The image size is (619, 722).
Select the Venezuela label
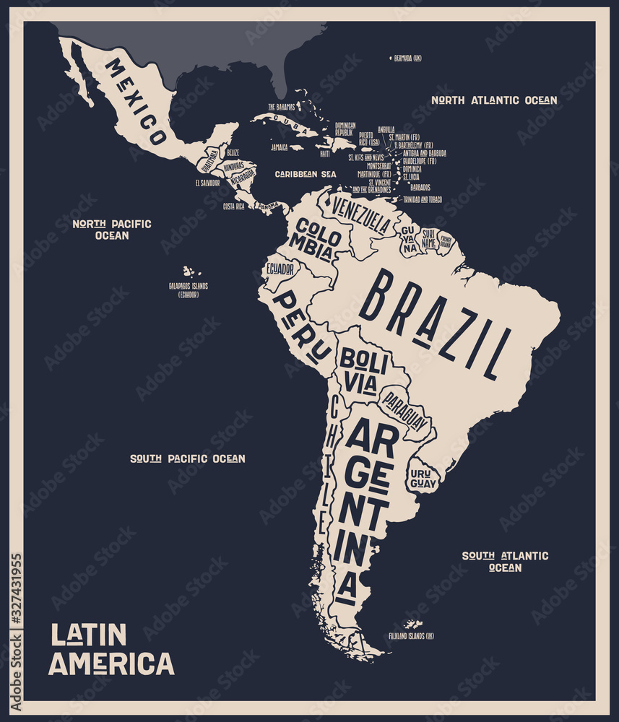tap(360, 214)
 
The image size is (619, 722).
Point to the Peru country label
tap(303, 326)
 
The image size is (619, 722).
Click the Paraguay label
tap(404, 412)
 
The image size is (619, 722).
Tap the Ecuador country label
tap(280, 269)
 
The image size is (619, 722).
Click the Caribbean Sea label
tap(306, 174)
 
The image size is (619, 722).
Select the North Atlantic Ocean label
tap(494, 100)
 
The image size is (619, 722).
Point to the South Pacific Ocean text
tap(187, 458)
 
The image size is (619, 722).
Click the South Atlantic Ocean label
tap(505, 561)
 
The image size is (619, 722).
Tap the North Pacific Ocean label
tap(112, 230)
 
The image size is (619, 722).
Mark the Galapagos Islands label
tap(188, 290)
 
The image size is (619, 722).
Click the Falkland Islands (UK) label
tap(411, 636)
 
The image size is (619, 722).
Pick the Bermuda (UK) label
tap(408, 58)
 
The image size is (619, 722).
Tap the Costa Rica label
tap(233, 206)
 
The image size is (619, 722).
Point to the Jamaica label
tap(280, 147)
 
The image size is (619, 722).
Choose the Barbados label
tap(420, 187)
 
